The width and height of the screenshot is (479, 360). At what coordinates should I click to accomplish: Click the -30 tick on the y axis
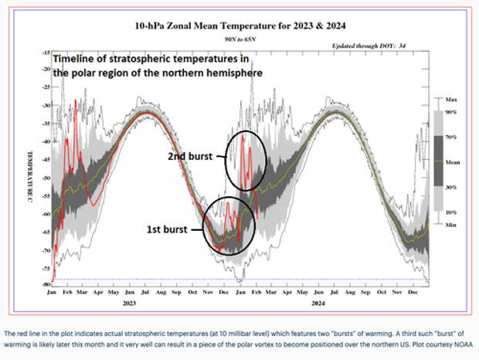pyautogui.click(x=46, y=105)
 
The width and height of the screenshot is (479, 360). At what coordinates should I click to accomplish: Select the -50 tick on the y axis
pyautogui.click(x=46, y=177)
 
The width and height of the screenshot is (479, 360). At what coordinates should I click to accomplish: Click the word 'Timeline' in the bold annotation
pyautogui.click(x=76, y=59)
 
